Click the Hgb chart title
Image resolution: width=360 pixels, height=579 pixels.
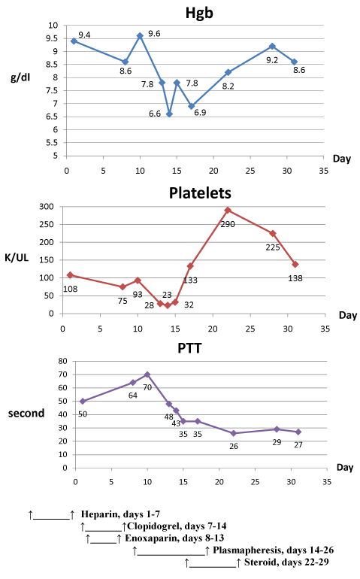[199, 13]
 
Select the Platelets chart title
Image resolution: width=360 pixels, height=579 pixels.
[200, 193]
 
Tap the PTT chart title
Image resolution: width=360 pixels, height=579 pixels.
[189, 348]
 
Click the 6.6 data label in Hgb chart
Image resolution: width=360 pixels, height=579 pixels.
[155, 114]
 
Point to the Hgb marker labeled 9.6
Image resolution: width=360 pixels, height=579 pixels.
[140, 36]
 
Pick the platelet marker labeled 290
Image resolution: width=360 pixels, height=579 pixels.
[228, 210]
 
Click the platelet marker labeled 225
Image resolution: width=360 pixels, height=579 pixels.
[273, 233]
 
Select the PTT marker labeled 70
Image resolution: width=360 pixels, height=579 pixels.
[147, 374]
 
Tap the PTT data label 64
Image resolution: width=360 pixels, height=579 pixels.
[133, 396]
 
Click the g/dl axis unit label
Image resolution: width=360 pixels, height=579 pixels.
[20, 78]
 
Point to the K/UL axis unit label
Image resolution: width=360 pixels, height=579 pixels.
[17, 258]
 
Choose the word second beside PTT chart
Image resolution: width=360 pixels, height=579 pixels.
[26, 413]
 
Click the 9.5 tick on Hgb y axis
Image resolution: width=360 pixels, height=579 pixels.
[52, 38]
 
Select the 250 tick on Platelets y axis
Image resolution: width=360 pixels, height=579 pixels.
[47, 225]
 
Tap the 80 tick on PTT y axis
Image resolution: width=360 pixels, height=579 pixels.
[63, 361]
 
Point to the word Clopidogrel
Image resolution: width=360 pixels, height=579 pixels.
[154, 526]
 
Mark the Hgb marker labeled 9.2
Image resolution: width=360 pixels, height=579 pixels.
[272, 46]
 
